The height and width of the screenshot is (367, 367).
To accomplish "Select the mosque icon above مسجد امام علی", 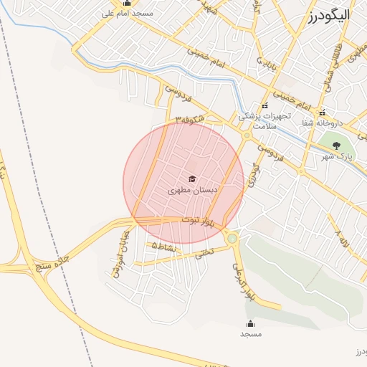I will point(127,4).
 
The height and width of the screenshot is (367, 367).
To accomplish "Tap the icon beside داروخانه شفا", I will point(323,112).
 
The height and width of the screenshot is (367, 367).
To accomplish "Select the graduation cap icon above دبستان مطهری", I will point(191,179).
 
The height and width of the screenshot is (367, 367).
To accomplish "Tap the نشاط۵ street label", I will point(163,245).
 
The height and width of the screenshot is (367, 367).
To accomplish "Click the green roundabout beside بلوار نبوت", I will point(232,237).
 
